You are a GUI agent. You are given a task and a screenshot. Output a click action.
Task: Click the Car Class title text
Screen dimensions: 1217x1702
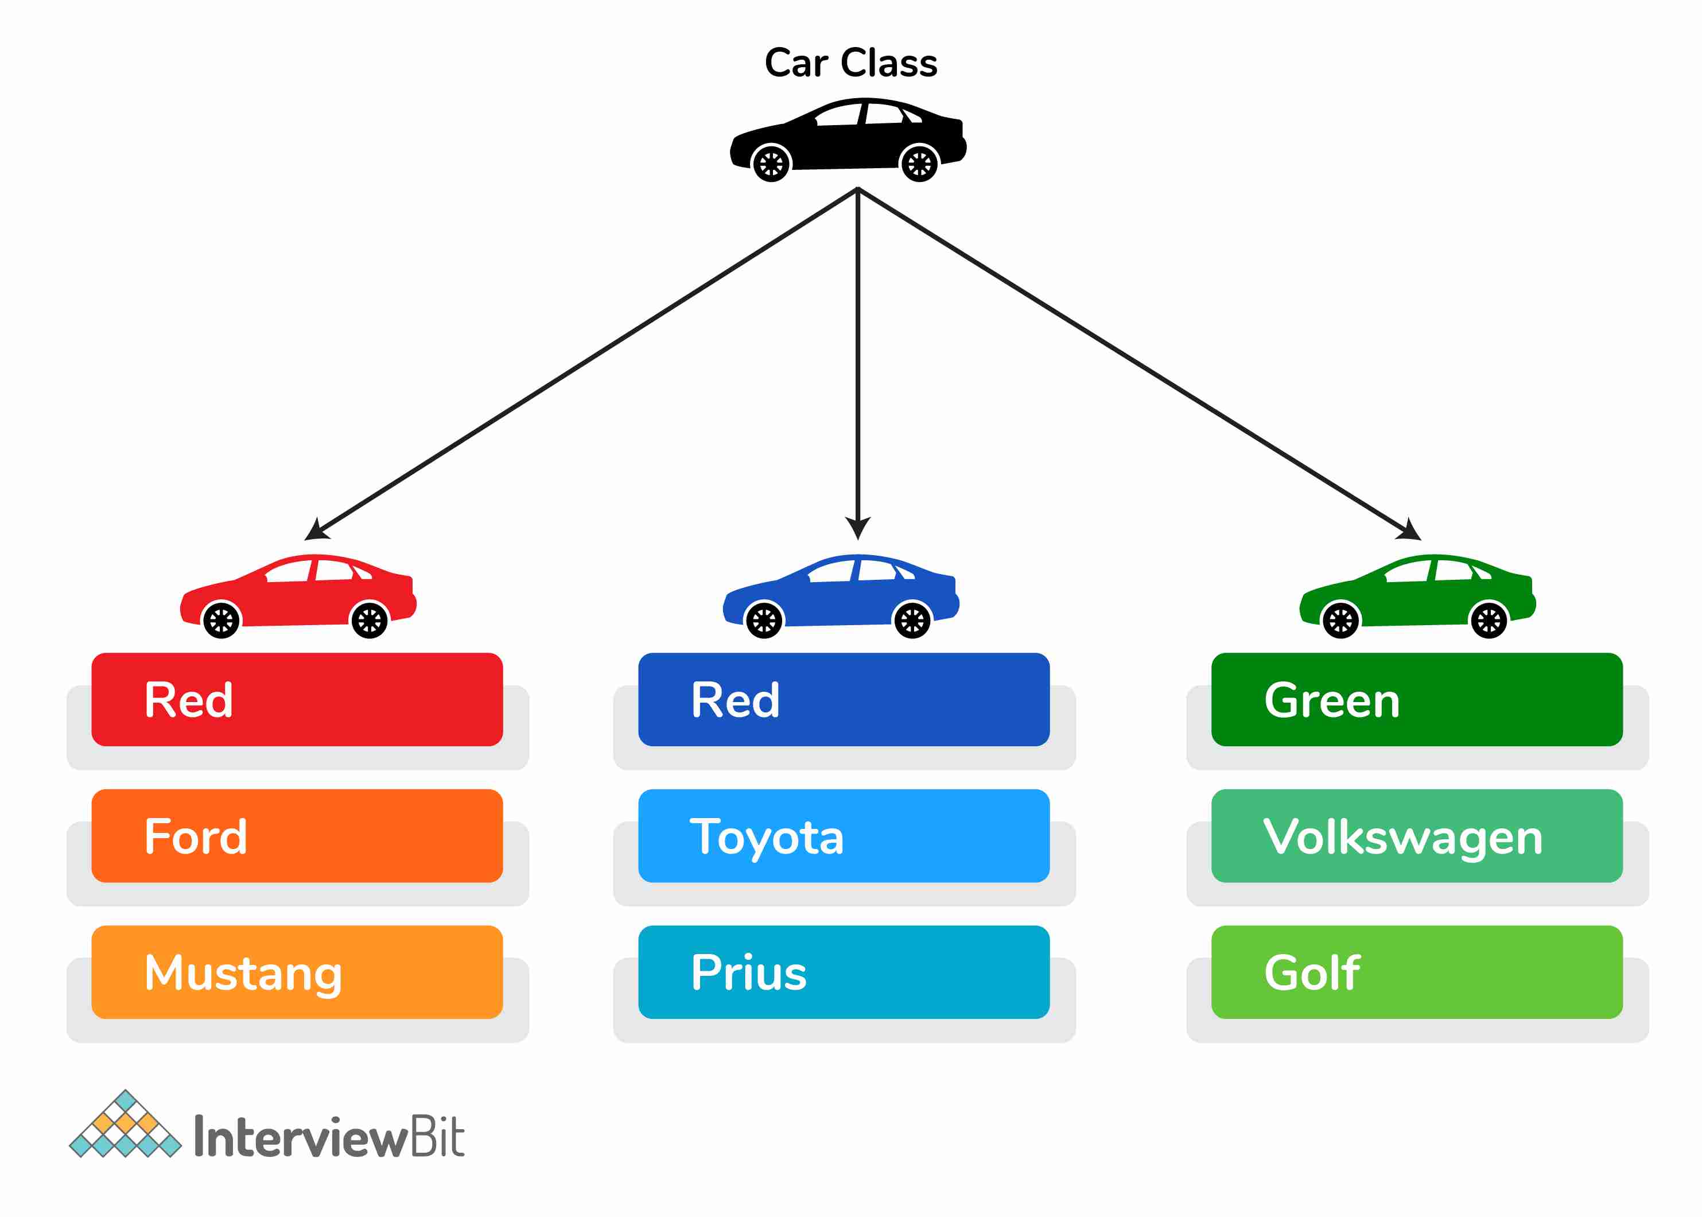850,63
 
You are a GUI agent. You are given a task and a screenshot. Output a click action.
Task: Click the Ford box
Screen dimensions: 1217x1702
297,836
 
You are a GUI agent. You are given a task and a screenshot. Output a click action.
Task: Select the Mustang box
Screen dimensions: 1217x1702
297,972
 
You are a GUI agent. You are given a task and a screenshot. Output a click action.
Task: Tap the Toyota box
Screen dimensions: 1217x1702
844,836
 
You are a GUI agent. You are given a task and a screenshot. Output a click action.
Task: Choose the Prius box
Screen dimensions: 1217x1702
844,972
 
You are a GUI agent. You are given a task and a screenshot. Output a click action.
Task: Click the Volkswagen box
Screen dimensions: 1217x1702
1417,836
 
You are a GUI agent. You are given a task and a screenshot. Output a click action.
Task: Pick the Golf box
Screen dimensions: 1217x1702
1417,972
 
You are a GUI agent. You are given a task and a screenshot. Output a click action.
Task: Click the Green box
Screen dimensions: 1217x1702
1417,699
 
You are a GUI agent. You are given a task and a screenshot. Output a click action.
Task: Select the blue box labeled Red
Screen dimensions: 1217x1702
844,699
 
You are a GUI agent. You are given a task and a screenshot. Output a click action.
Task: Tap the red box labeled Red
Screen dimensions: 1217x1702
297,699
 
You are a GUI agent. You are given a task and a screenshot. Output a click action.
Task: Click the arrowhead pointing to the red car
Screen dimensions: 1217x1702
316,530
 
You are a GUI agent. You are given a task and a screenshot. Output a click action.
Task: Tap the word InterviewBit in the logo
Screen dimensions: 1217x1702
329,1137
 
